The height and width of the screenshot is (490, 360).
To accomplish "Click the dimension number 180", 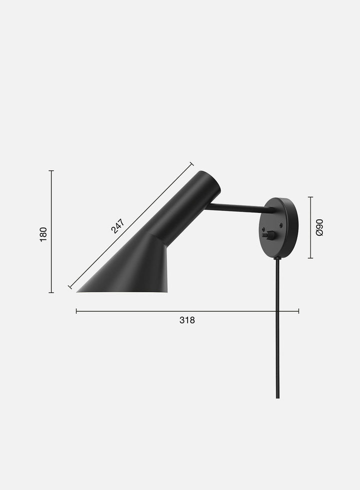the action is (x=43, y=234).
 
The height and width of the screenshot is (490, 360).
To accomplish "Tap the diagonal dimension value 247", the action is (x=118, y=226).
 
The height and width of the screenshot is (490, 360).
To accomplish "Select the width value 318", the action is (x=187, y=320).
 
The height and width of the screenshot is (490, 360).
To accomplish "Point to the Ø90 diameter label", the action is (x=319, y=228).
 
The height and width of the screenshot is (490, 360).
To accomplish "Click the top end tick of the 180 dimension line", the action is (x=51, y=171).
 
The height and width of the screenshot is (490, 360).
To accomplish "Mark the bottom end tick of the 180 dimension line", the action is (x=51, y=292).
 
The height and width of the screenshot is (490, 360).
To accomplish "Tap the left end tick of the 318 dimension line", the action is (x=76, y=311).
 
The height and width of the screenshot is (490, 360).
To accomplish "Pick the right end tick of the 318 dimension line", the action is (x=299, y=311).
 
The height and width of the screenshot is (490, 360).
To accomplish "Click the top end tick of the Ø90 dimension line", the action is (x=310, y=197).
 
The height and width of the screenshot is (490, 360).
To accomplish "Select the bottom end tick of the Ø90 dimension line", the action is (x=310, y=258).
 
